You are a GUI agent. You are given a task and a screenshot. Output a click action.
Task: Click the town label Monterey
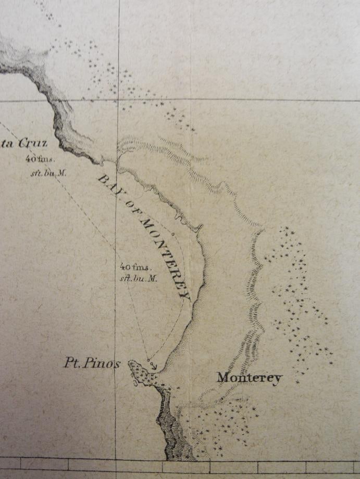tap(249, 378)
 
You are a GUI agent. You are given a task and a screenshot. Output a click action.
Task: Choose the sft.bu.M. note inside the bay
tap(139, 278)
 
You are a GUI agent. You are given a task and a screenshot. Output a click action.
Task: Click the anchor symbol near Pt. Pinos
tap(153, 366)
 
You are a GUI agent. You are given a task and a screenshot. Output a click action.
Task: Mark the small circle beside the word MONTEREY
tap(172, 235)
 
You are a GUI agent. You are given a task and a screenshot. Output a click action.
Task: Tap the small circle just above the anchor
tap(148, 359)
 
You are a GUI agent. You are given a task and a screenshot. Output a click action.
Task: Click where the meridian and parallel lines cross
tap(118, 99)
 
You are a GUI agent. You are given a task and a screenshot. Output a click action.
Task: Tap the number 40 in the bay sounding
tap(126, 267)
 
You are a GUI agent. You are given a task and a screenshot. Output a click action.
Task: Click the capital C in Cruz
tap(24, 144)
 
